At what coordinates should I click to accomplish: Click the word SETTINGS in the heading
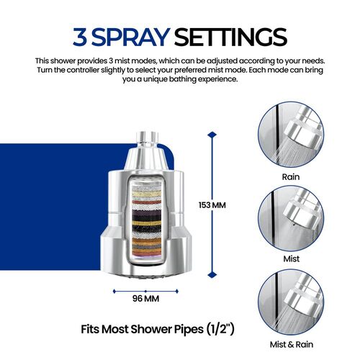pyautogui.click(x=230, y=37)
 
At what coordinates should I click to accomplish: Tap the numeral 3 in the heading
pyautogui.click(x=80, y=37)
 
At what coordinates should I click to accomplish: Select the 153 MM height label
pyautogui.click(x=212, y=205)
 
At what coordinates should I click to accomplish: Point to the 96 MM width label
pyautogui.click(x=145, y=299)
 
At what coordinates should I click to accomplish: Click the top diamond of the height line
pyautogui.click(x=212, y=135)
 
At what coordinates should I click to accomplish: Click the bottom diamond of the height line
pyautogui.click(x=212, y=275)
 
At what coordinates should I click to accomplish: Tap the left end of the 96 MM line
pyautogui.click(x=114, y=292)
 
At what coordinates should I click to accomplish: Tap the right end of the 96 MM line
pyautogui.click(x=177, y=292)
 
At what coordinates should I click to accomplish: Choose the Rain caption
pyautogui.click(x=291, y=177)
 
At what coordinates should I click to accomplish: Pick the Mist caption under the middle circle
pyautogui.click(x=292, y=258)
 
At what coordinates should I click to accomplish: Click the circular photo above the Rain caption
pyautogui.click(x=291, y=135)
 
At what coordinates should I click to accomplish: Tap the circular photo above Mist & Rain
pyautogui.click(x=291, y=302)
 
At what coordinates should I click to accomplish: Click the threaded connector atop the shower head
pyautogui.click(x=148, y=140)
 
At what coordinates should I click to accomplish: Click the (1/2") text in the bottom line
pyautogui.click(x=220, y=329)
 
